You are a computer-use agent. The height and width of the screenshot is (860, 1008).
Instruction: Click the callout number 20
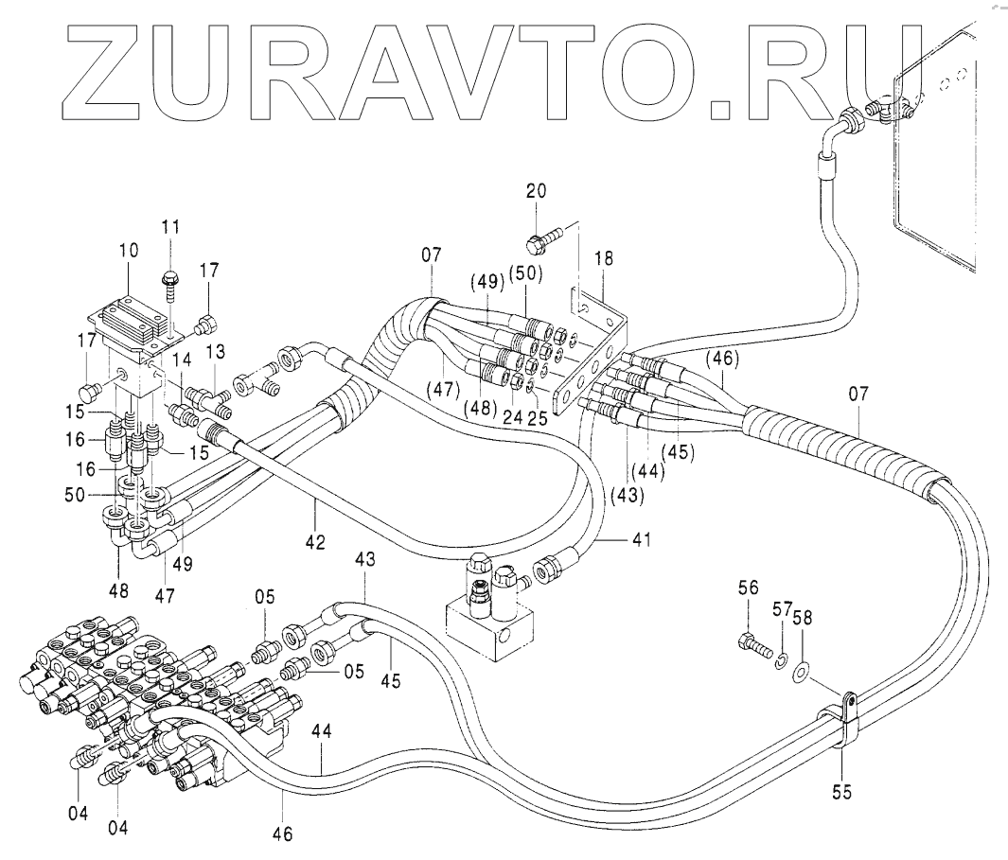[x=536, y=191]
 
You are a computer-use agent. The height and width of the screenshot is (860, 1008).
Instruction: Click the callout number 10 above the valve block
[x=129, y=252]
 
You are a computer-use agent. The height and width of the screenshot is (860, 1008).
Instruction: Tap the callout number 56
[x=748, y=589]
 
